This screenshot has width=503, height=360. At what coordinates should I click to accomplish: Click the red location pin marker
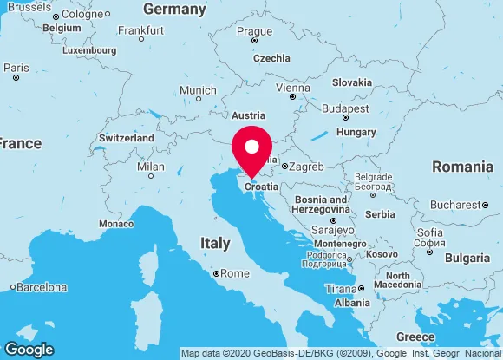click(x=252, y=149)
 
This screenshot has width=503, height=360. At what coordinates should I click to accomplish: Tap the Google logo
click(x=28, y=350)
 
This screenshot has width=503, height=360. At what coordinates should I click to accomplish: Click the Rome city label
click(x=235, y=273)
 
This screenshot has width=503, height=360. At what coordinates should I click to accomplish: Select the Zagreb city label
click(x=306, y=166)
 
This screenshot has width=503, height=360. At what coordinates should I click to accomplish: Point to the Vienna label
click(x=292, y=88)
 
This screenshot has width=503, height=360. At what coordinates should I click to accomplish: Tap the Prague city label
click(x=254, y=31)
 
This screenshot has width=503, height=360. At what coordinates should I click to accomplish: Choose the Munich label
click(x=198, y=90)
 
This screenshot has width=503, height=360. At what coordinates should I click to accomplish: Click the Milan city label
click(x=151, y=166)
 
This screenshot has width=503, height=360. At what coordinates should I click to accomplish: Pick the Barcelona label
click(x=42, y=287)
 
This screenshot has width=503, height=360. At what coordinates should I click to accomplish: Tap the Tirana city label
click(x=340, y=289)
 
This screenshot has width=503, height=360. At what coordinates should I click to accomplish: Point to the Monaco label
click(x=116, y=223)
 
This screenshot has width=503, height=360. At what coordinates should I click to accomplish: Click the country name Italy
click(x=215, y=243)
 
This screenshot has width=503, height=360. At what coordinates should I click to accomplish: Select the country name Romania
click(x=462, y=166)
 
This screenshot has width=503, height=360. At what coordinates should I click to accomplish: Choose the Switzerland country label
click(x=127, y=138)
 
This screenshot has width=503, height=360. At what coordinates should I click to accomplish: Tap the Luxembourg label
click(x=89, y=50)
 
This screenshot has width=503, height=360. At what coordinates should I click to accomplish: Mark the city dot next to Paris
click(x=16, y=78)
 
